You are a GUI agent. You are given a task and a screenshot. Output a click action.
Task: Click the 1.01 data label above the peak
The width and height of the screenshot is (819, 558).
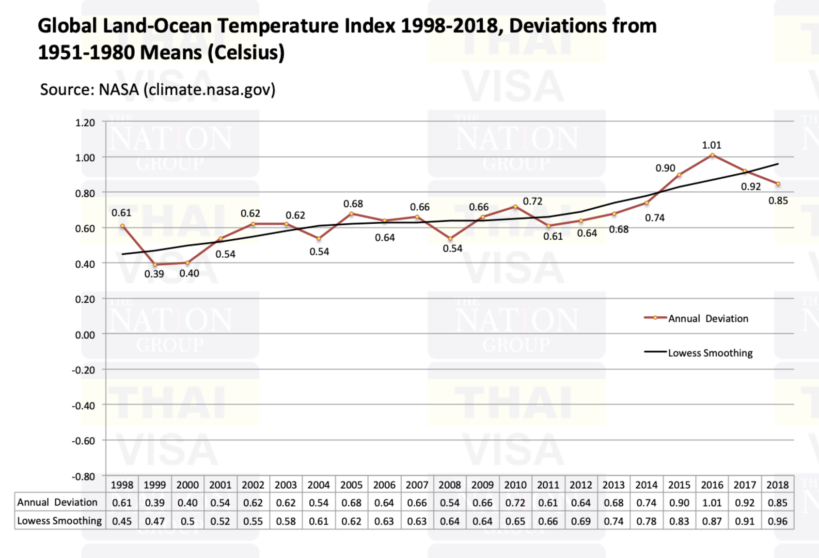[711, 145]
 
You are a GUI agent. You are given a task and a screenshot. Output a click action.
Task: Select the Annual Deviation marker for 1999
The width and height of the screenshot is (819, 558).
[155, 264]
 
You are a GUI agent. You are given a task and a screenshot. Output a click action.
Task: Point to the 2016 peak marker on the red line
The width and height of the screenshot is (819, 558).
[712, 155]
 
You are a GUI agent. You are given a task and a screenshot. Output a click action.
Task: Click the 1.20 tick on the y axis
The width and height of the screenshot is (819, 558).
[85, 123]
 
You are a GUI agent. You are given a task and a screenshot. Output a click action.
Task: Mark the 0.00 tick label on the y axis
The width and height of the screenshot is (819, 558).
[85, 335]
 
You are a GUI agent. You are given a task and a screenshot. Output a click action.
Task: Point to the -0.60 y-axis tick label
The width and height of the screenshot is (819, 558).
[83, 441]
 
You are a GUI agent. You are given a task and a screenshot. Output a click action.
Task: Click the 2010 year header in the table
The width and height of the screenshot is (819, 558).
[515, 485]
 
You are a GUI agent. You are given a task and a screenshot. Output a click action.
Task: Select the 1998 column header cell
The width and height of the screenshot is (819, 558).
[122, 485]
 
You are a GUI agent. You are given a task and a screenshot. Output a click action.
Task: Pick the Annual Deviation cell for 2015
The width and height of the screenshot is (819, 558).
[679, 503]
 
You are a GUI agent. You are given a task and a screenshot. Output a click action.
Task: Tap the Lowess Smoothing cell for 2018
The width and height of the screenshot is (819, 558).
[777, 521]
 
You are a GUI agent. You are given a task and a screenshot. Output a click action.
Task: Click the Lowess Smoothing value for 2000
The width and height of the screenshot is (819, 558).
[188, 521]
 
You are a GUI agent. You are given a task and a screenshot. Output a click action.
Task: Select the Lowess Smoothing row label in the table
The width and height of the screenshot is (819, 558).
[60, 521]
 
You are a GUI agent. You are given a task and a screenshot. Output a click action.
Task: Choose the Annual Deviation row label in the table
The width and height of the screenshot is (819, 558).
[57, 502]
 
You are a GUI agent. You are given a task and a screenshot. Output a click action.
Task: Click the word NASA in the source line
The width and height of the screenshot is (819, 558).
[118, 90]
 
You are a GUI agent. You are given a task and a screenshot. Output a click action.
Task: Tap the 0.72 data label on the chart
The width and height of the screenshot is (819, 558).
[532, 201]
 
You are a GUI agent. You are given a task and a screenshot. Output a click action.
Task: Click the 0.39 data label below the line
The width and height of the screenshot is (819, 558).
[154, 274]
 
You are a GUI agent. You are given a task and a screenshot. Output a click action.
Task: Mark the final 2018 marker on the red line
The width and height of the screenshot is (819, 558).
[778, 184]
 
